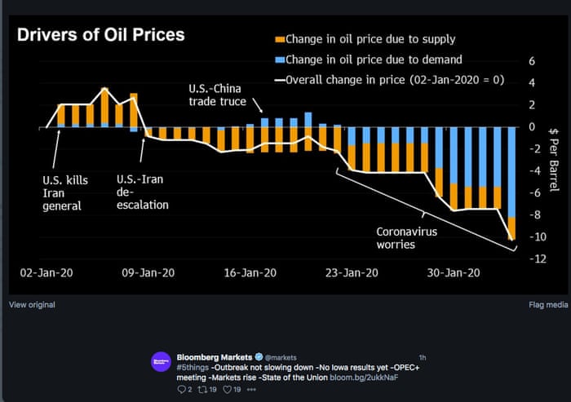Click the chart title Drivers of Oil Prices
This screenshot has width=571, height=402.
point(101,35)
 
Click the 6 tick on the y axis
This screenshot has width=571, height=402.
point(532,61)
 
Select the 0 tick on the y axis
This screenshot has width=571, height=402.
point(532,127)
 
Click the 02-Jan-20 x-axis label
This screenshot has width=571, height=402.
point(46,274)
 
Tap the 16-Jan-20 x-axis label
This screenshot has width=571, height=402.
point(249,274)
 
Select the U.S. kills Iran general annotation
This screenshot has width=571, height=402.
point(65,192)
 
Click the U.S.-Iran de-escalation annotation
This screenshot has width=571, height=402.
point(142,192)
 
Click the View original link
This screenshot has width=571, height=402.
point(32,304)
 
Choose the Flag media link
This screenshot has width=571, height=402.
point(548,304)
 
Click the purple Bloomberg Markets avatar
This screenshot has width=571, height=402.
point(161,362)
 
